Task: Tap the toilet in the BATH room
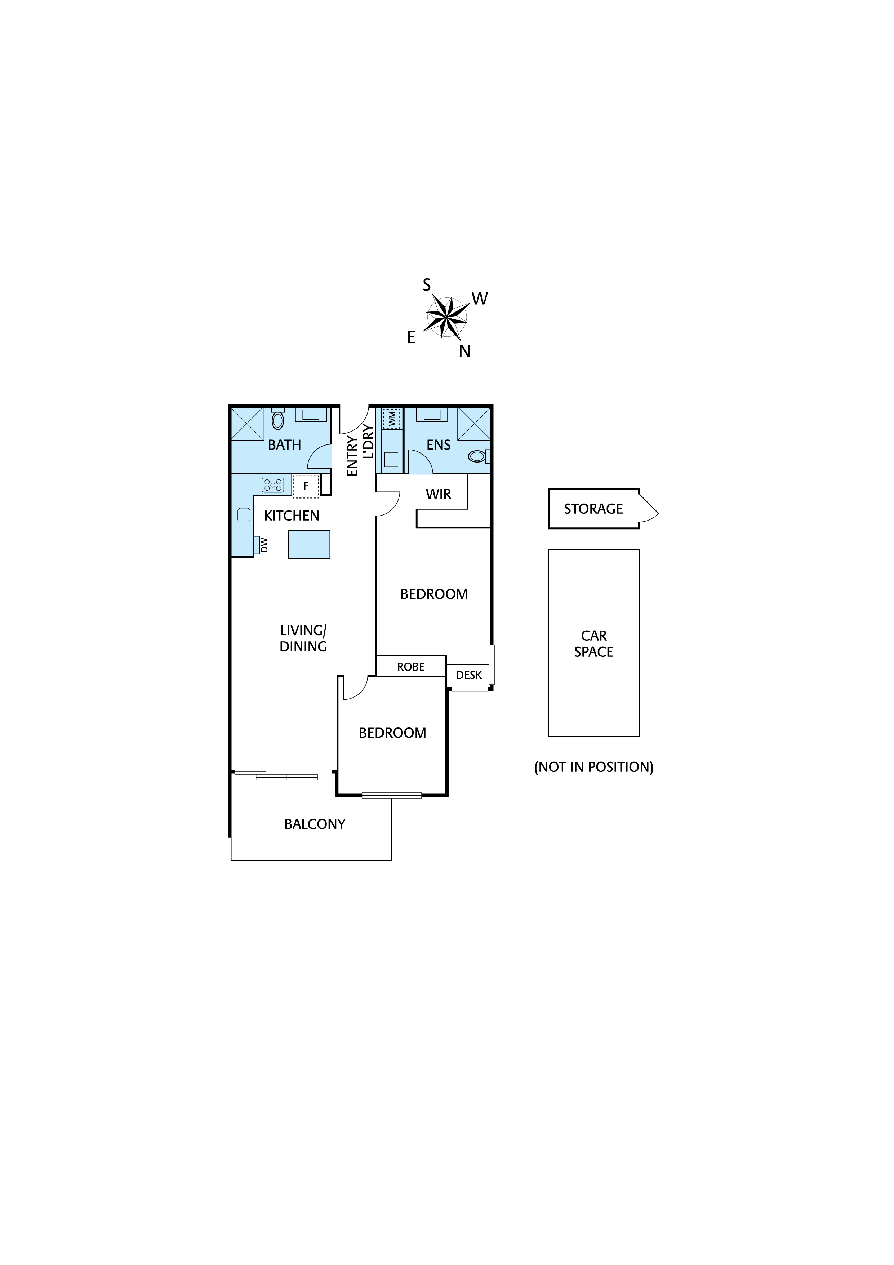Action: pyautogui.click(x=278, y=420)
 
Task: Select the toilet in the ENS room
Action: pyautogui.click(x=477, y=456)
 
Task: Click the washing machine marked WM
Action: pyautogui.click(x=392, y=419)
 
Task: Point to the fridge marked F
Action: pyautogui.click(x=306, y=486)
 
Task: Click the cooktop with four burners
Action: pyautogui.click(x=273, y=485)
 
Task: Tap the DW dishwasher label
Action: pyautogui.click(x=264, y=545)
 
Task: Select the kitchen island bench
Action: pyautogui.click(x=309, y=544)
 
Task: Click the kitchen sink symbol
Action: pyautogui.click(x=244, y=515)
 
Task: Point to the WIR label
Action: pyautogui.click(x=439, y=494)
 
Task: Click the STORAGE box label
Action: pyautogui.click(x=593, y=509)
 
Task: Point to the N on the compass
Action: pyautogui.click(x=464, y=351)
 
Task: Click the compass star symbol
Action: pyautogui.click(x=446, y=317)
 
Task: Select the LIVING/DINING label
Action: pyautogui.click(x=303, y=638)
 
